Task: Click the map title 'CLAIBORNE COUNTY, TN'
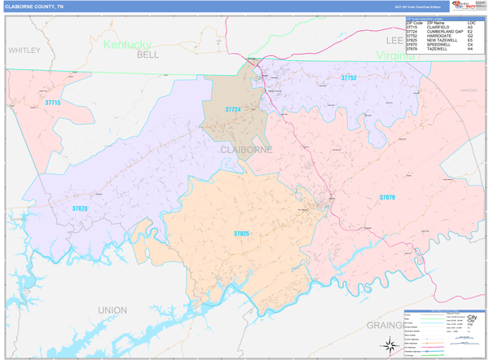click(33, 6)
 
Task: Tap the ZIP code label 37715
click(53, 103)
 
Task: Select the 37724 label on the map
click(233, 109)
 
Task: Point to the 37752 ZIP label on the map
click(349, 77)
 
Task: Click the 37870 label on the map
click(79, 209)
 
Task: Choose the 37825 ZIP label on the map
click(241, 234)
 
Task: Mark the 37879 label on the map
click(387, 197)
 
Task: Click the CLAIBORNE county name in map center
click(245, 150)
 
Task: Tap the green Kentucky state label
click(127, 44)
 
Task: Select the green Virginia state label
click(396, 55)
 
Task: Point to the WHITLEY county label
click(24, 50)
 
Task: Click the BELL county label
click(148, 55)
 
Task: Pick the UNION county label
click(112, 310)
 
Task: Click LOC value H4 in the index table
click(471, 49)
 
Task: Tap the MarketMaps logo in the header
click(466, 6)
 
